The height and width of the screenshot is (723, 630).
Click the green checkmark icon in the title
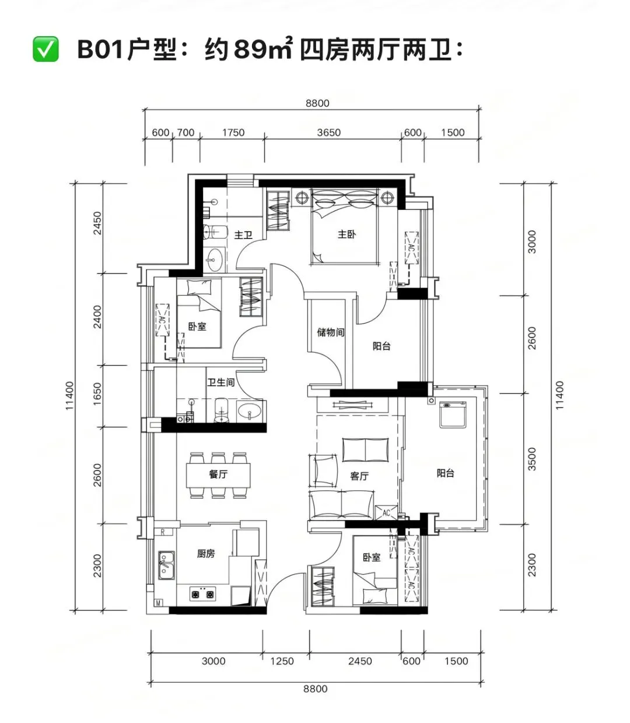pos(45,49)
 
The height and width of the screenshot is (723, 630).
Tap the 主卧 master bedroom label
pos(346,234)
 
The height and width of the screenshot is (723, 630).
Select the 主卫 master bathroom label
pos(243,234)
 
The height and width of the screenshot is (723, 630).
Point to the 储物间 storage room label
pos(330,332)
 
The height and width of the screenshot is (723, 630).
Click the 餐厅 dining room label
pos(218,474)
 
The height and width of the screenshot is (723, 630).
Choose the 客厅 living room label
pos(359,476)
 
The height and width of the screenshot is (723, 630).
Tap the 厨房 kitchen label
pos(206,553)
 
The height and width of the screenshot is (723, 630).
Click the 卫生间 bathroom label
pos(220,382)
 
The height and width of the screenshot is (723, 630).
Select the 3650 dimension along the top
pos(328,132)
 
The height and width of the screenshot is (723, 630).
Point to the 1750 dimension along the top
pos(233,132)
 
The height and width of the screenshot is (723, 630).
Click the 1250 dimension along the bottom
pos(282,661)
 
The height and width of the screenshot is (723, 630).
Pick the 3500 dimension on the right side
pos(532,459)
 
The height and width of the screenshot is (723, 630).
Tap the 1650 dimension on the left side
pos(97,394)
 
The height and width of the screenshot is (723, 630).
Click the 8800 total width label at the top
pos(317,103)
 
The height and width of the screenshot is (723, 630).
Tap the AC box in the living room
pos(386,513)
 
